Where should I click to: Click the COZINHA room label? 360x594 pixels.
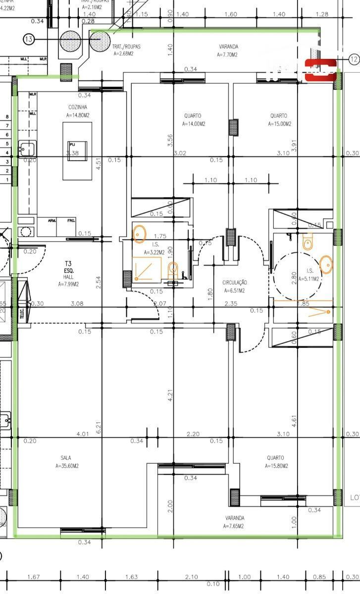[78, 107]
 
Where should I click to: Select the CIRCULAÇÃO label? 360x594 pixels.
[235, 283]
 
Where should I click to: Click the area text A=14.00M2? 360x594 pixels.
[194, 124]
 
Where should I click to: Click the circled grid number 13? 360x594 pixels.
[29, 40]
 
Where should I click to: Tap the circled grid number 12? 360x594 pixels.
[354, 59]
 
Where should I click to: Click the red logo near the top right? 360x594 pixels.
[320, 70]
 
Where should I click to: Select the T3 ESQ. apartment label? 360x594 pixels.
[68, 267]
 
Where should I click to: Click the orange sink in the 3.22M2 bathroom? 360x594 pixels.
[140, 234]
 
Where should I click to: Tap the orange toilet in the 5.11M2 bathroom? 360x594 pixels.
[308, 242]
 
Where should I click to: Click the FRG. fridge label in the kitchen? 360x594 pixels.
[72, 220]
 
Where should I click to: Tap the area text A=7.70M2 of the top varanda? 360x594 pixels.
[227, 55]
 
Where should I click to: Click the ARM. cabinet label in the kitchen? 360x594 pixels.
[52, 220]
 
